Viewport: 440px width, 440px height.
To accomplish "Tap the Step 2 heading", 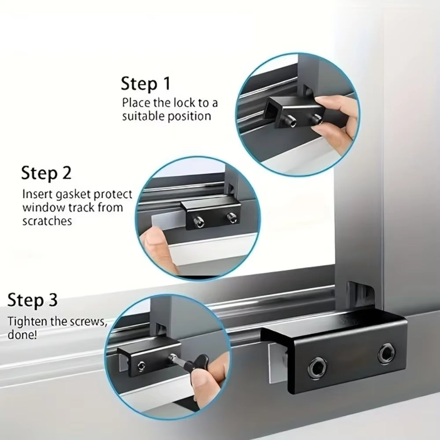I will (x=46, y=173).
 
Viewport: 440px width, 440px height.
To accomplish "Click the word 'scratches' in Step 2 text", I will (x=47, y=221).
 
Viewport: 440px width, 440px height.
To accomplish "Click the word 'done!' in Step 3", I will (x=22, y=334).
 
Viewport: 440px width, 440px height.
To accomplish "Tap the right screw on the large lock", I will (x=386, y=353).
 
